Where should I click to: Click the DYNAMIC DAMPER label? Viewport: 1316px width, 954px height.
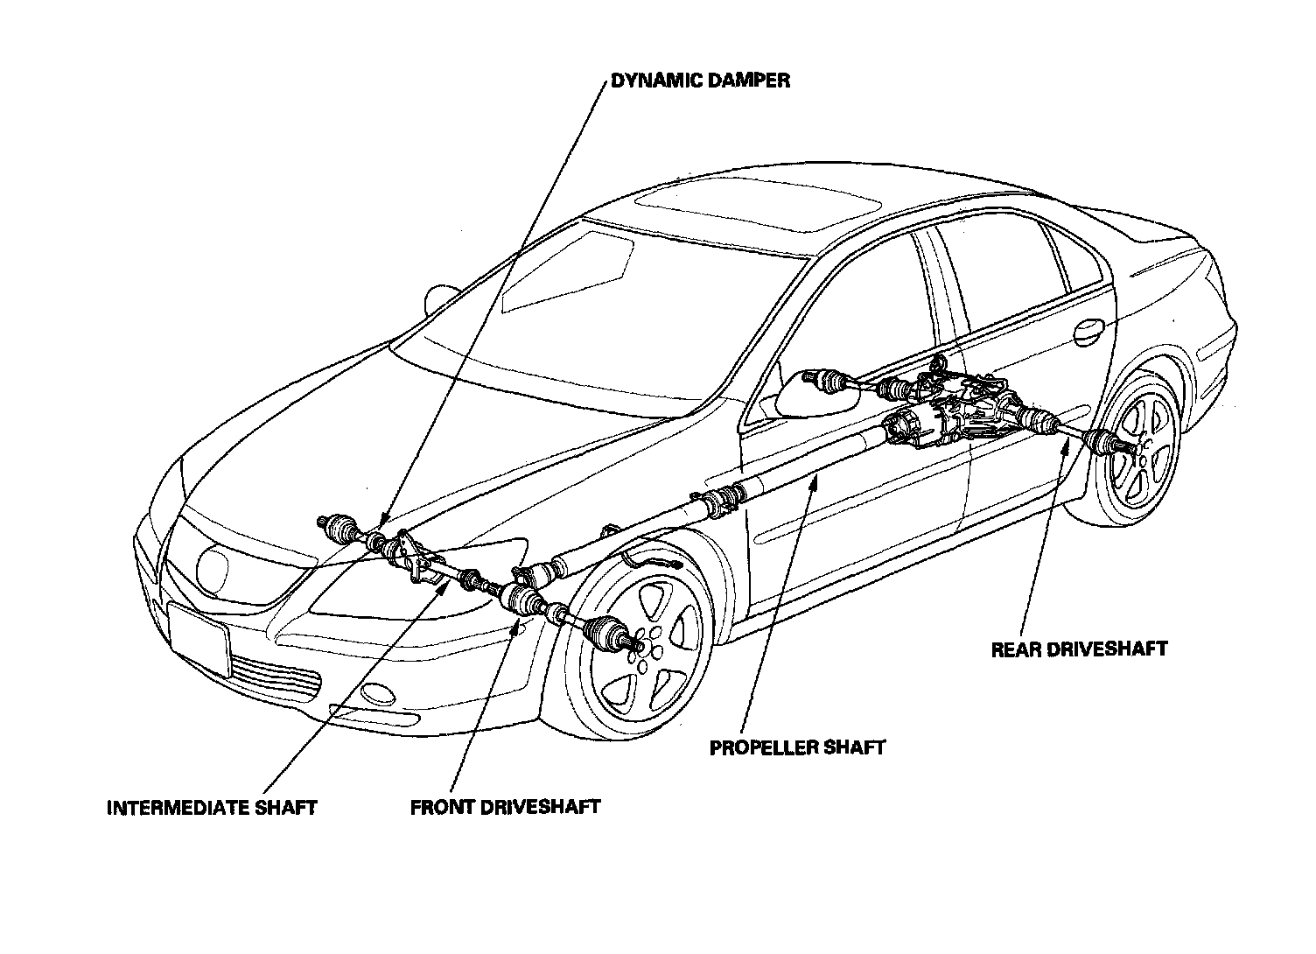point(700,81)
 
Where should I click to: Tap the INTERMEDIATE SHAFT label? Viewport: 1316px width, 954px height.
point(211,807)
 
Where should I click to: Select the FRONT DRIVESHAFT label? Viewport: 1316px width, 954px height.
point(505,806)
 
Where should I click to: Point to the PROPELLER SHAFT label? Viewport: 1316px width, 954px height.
point(797,747)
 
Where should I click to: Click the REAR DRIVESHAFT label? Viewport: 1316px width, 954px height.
point(1079,649)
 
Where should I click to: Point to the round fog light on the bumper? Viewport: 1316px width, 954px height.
point(378,694)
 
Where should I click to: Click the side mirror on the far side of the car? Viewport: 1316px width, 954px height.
point(442,299)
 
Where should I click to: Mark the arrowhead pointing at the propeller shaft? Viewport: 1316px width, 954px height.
point(816,478)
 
